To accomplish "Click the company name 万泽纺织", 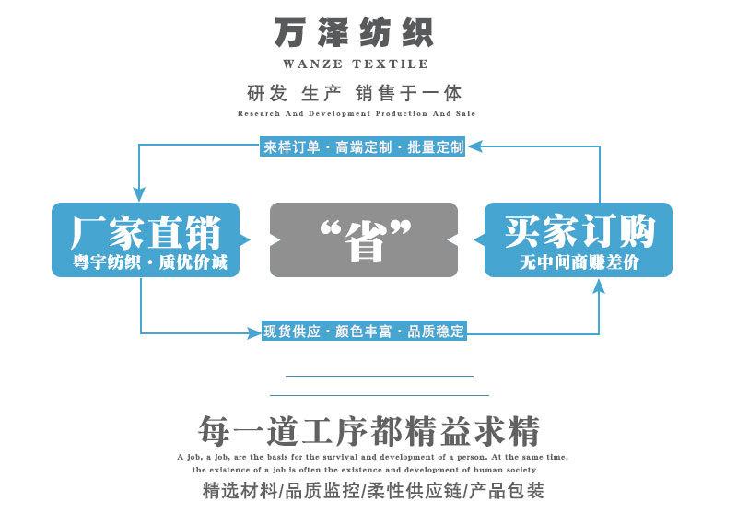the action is tap(354, 32).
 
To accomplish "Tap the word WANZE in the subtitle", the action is tap(312, 64).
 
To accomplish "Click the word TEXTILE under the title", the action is tap(391, 64).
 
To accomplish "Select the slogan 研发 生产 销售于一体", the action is tap(355, 93).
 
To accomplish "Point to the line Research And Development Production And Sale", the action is tap(357, 113).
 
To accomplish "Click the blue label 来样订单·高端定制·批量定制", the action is tap(362, 147).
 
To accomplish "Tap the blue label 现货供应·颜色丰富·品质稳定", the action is tap(364, 332).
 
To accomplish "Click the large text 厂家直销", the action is tap(146, 232).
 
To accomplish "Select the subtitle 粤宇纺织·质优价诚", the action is tap(150, 262).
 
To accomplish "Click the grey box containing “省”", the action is tap(364, 239).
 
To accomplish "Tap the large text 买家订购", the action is tap(579, 231).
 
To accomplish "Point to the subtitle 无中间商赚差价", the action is tap(579, 262).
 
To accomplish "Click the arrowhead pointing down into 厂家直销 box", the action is tap(139, 194).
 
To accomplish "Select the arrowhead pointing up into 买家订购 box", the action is tap(598, 286).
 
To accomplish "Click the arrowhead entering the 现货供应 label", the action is tap(254, 333).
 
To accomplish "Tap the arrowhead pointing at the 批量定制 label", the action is tap(474, 146).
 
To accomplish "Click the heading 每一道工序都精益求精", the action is tap(368, 430).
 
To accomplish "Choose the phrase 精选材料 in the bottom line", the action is tap(240, 491).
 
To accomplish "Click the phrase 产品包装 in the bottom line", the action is tap(507, 491).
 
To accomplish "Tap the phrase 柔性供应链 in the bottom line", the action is tap(414, 491).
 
